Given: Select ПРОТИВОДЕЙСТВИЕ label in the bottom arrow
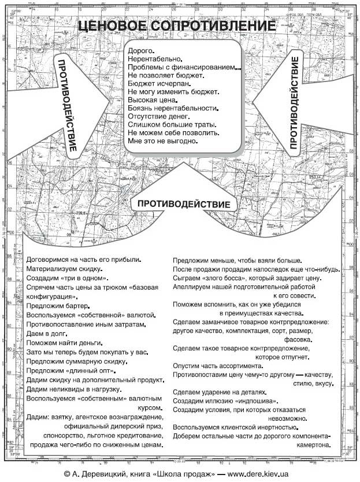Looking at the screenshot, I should tap(184, 203).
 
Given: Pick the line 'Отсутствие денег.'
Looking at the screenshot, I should tap(158, 116).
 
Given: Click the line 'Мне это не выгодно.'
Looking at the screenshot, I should tap(164, 140).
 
